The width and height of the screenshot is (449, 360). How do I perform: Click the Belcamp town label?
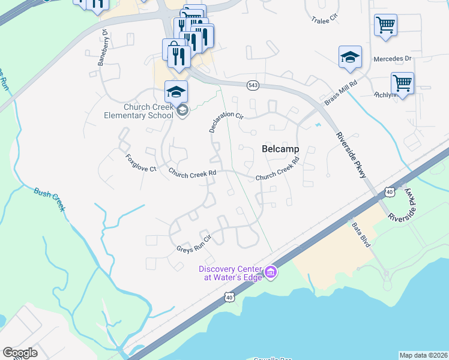(x=281, y=149)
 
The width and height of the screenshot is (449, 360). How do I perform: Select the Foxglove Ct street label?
(x=140, y=164)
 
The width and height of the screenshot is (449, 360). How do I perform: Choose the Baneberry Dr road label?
(x=102, y=47)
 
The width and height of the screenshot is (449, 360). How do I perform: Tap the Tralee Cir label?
(x=325, y=20)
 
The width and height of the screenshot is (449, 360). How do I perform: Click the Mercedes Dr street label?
(x=392, y=58)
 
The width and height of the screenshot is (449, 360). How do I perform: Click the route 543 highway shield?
(x=252, y=86)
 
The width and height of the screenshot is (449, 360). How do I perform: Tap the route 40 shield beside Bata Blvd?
(x=390, y=191)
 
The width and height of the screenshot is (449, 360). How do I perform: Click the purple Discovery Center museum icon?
(x=271, y=273)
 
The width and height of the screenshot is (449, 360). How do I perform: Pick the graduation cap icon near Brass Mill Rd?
(x=350, y=57)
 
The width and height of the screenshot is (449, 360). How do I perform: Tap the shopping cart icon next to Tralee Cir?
(x=385, y=25)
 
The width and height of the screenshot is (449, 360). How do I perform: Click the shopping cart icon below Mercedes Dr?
(x=402, y=83)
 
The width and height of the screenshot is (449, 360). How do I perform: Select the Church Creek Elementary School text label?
(x=139, y=111)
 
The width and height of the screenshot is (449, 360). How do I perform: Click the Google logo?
(x=20, y=352)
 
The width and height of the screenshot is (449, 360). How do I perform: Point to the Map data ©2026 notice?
(x=423, y=355)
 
